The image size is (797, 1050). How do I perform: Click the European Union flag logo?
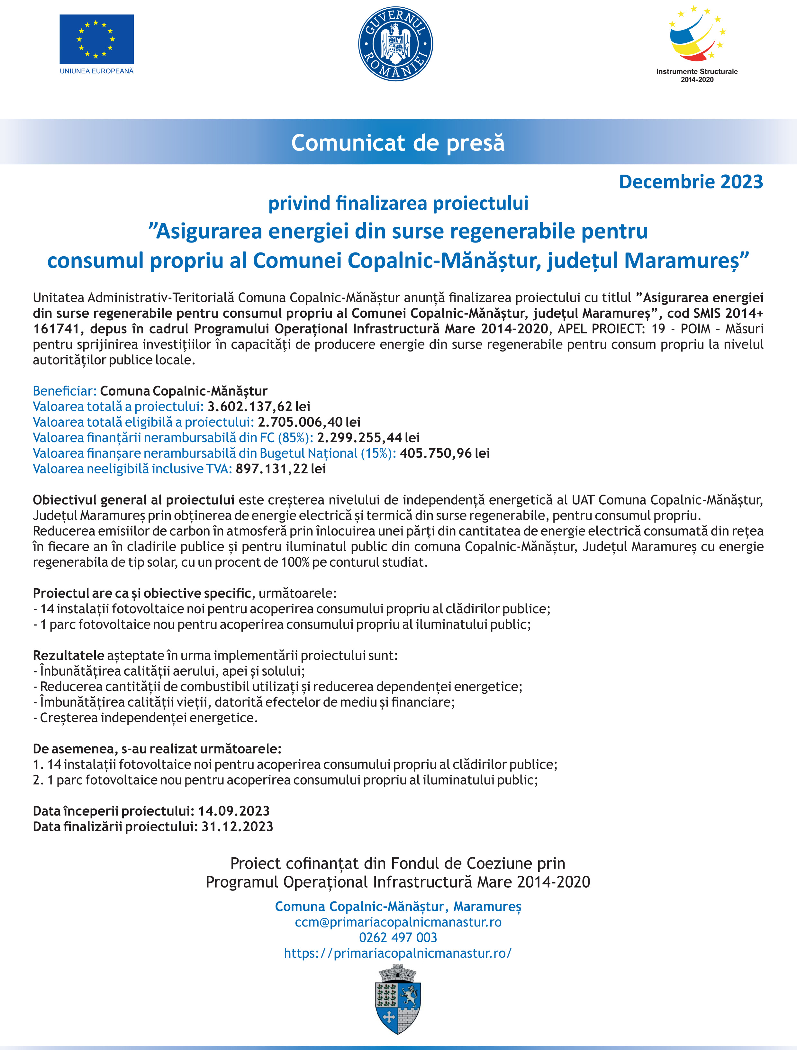(x=96, y=39)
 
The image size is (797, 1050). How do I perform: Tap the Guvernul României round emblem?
(x=395, y=44)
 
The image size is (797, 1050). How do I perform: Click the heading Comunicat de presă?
(x=398, y=143)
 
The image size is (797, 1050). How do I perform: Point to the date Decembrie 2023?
(x=691, y=182)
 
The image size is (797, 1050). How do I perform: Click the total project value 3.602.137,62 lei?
(x=259, y=406)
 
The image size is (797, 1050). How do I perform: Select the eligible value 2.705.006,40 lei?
(x=309, y=422)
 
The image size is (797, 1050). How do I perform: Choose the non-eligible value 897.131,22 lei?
(x=281, y=469)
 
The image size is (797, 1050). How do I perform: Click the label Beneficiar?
(x=65, y=391)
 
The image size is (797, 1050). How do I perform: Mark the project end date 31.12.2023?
(x=237, y=827)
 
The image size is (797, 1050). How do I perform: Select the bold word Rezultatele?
(x=68, y=655)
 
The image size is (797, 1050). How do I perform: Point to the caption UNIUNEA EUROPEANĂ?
(x=96, y=71)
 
